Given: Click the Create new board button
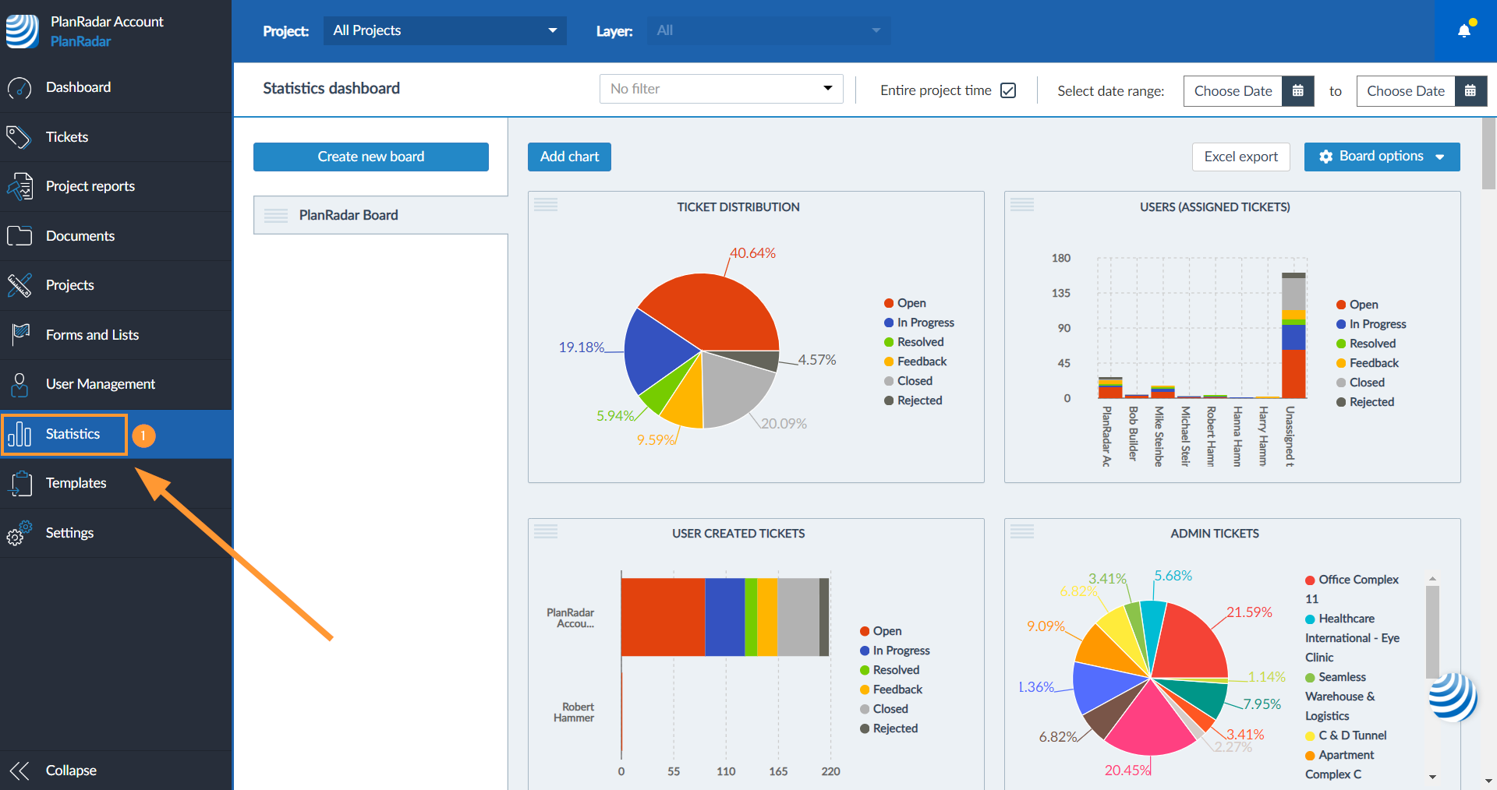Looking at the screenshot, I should click(x=370, y=157).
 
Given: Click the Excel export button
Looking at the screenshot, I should click(x=1240, y=157).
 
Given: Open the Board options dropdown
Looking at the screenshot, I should click(x=1381, y=157).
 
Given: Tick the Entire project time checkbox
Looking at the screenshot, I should click(x=1008, y=90).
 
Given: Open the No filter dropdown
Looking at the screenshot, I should click(x=720, y=89).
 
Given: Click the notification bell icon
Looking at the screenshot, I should click(x=1464, y=30).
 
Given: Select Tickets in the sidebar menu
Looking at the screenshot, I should click(x=67, y=137).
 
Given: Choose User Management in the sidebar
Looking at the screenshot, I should click(x=100, y=384).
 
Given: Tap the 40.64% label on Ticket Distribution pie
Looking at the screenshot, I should click(x=752, y=253).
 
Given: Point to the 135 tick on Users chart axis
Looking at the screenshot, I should click(x=1061, y=293).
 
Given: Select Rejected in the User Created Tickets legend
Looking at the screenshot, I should click(x=895, y=728).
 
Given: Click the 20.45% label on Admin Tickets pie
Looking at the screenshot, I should click(x=1127, y=771).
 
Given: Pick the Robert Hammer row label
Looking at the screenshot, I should click(x=574, y=712).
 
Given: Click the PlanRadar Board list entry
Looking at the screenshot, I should click(x=349, y=215).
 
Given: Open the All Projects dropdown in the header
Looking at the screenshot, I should click(x=444, y=30).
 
